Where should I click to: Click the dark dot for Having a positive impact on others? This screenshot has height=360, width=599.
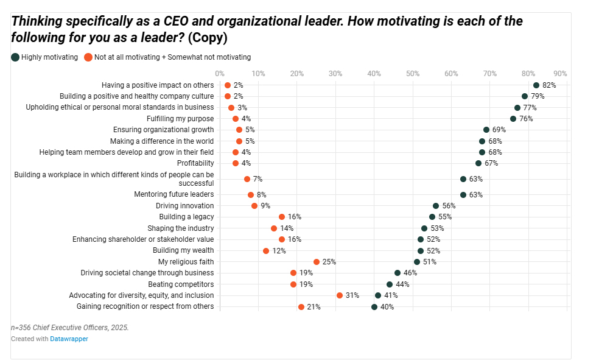536,85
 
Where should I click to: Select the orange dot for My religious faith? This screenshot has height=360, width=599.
317,262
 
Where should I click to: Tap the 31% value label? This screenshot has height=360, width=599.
352,295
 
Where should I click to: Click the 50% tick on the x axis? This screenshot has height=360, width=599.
413,73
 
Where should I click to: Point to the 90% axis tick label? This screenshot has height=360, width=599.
560,73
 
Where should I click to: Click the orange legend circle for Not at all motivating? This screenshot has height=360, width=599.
88,57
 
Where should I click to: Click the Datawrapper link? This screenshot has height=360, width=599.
69,339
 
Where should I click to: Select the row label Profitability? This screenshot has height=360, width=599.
195,163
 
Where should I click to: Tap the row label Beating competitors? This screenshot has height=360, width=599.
181,284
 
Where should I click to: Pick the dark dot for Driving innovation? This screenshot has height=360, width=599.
436,206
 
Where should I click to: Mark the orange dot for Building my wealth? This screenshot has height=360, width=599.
266,251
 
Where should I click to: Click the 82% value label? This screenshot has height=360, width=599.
549,85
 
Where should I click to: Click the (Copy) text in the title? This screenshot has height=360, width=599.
208,38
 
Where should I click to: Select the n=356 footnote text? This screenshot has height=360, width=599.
70,328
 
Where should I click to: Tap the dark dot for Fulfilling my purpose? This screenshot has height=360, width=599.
513,119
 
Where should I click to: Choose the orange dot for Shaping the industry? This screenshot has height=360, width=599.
274,228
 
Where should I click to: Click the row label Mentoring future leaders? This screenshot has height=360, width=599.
174,194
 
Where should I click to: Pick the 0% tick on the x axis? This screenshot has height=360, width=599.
219,73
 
